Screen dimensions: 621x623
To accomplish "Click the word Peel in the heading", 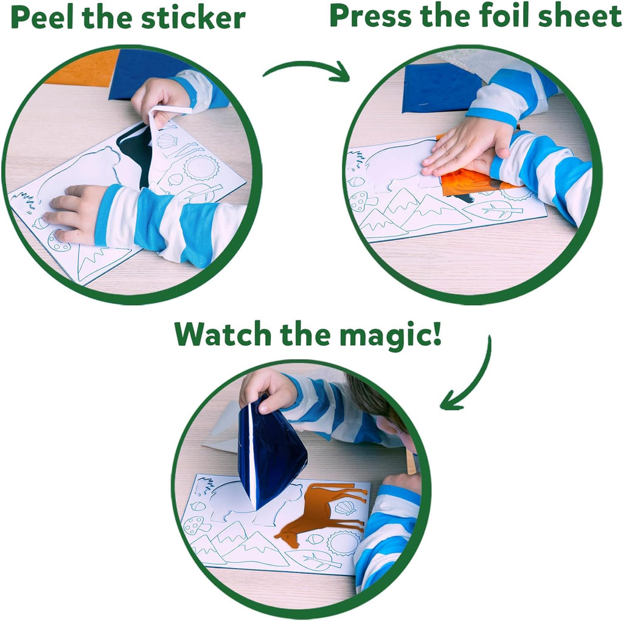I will click(41, 18).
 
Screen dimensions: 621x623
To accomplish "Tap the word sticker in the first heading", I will click(193, 18).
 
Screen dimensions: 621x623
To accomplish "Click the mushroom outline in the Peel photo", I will click(58, 241).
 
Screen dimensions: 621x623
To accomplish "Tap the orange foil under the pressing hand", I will click(468, 182).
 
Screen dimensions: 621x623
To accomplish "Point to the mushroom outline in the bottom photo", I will click(193, 524).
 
